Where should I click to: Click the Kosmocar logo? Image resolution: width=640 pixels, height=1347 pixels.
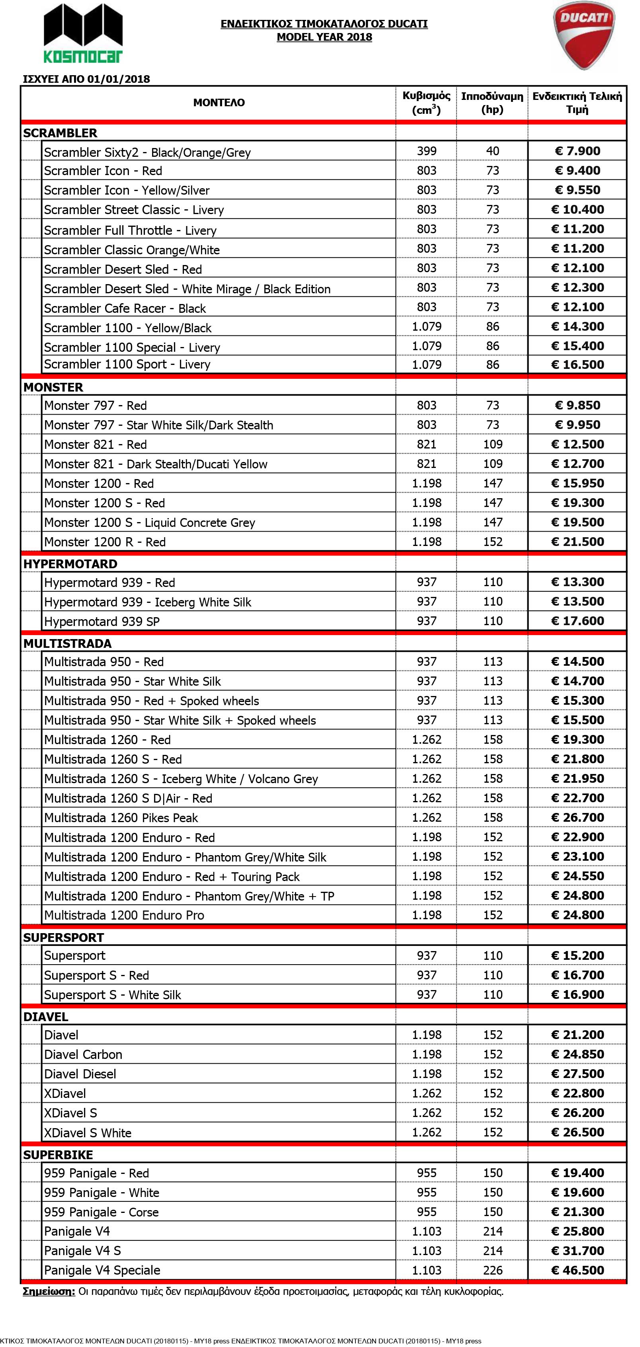pos(83,32)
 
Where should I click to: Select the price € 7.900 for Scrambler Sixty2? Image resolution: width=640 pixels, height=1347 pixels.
pos(577,151)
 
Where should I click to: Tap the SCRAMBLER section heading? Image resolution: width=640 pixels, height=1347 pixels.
pos(60,133)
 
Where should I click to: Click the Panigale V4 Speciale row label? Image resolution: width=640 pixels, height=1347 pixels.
pos(102,1270)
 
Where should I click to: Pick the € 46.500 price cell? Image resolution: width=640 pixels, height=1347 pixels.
pos(577,1270)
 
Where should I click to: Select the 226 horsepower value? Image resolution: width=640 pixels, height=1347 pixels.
pos(493,1270)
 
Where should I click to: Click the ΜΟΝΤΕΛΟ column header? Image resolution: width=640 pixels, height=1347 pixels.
pos(219,103)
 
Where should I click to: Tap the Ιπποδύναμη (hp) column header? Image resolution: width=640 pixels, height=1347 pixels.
pos(492,103)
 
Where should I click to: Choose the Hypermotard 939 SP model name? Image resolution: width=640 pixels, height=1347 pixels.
pos(101,621)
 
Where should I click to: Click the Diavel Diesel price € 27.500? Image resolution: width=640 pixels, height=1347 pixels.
pos(577,1074)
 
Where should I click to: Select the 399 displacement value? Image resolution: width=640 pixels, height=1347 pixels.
pos(427,151)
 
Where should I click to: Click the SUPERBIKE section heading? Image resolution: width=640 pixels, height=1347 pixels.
pos(58,1154)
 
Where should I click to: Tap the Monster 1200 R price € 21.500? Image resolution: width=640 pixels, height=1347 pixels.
pos(577,542)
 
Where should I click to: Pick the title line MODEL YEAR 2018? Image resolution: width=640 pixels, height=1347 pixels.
pos(324,37)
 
